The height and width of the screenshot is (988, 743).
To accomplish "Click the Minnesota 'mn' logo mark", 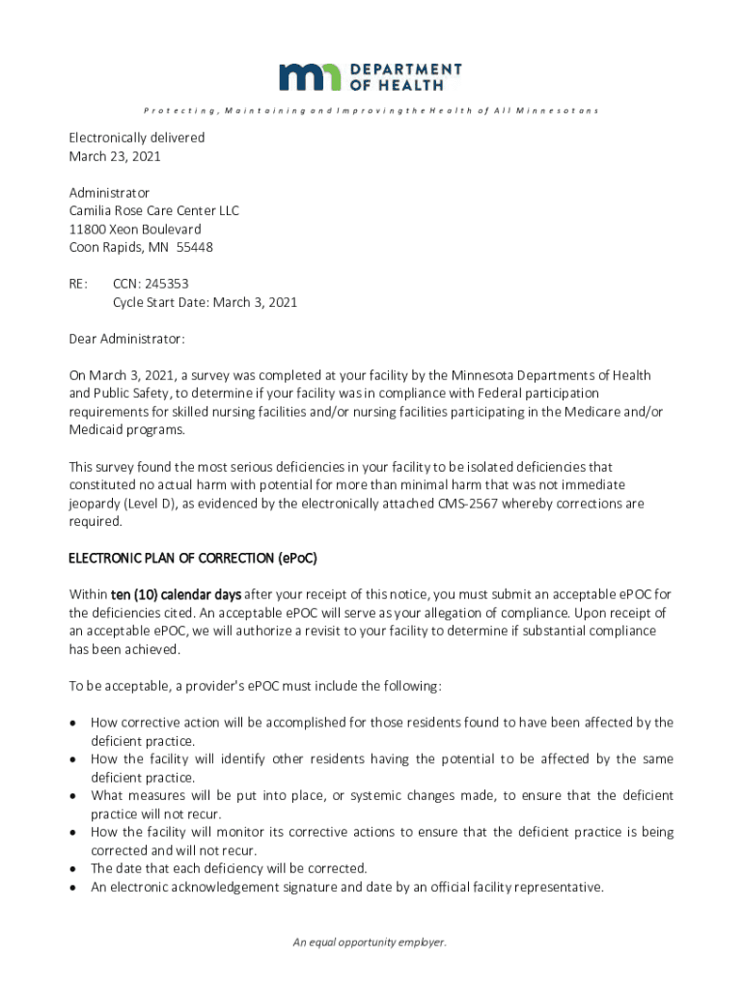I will point(310,77).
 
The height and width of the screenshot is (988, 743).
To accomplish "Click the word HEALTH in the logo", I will point(410,85).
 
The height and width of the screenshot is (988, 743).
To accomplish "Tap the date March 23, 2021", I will point(114,155).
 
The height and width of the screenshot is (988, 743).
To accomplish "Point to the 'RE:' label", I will point(78,284).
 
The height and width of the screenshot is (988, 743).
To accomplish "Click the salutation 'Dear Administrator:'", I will point(126,339).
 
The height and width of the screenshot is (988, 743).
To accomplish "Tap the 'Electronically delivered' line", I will point(136,137).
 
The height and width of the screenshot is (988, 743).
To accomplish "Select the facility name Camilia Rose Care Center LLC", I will point(153,210).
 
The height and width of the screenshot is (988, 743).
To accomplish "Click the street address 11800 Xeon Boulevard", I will point(135,229).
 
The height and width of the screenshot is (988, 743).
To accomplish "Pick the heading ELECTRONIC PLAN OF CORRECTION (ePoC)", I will point(192,559).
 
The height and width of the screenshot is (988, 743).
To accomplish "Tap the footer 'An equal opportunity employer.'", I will point(371,943).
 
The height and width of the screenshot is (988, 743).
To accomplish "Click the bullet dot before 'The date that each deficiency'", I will point(73,869).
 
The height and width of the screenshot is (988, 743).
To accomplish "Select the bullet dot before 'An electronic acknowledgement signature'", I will point(73,888).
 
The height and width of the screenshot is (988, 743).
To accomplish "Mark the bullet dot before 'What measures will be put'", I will point(73,796).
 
